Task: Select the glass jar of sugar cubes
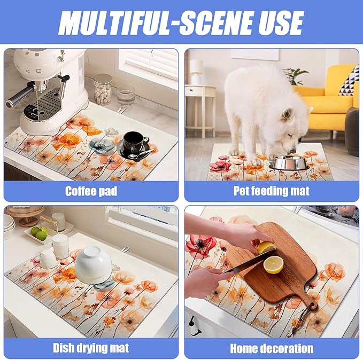(x=103, y=89)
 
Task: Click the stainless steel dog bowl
(x=289, y=163)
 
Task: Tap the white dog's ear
(x=287, y=114)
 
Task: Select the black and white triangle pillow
(x=349, y=82)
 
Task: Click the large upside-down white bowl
(x=94, y=264)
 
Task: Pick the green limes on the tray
(x=40, y=233)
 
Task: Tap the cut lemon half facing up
(x=273, y=265)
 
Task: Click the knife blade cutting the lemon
(x=250, y=261)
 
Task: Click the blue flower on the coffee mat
(x=102, y=146)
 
